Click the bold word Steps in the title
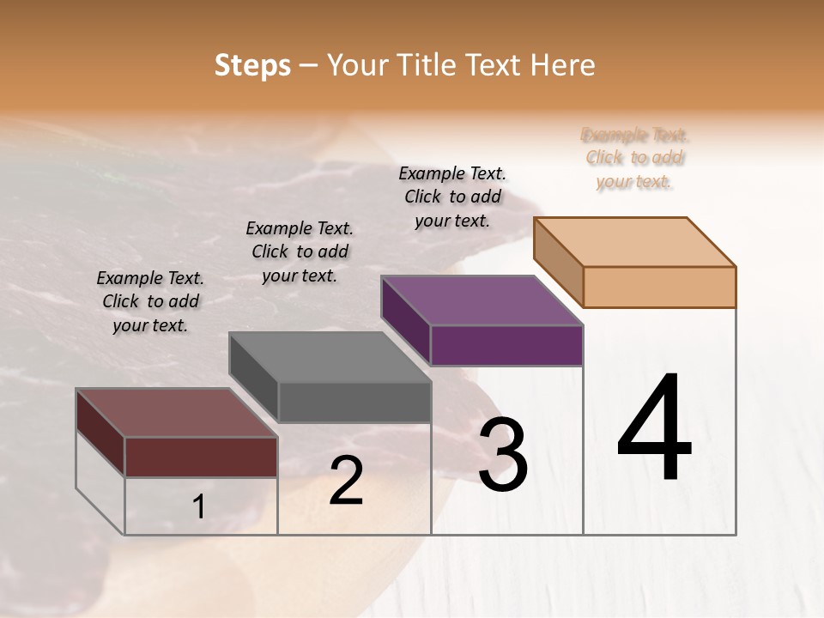click(252, 65)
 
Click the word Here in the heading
click(562, 65)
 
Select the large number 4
click(654, 429)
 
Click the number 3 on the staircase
click(502, 455)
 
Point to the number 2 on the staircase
click(346, 481)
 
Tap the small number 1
click(199, 507)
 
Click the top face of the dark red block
click(176, 413)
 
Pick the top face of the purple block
click(482, 300)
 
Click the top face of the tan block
click(634, 242)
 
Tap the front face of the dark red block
click(201, 457)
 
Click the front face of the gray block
click(354, 402)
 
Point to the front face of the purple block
click(506, 345)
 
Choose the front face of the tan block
click(659, 287)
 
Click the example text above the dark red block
click(151, 301)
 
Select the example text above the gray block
click(300, 251)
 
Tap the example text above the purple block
click(452, 197)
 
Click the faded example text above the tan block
click(634, 158)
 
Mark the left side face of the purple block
click(406, 321)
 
